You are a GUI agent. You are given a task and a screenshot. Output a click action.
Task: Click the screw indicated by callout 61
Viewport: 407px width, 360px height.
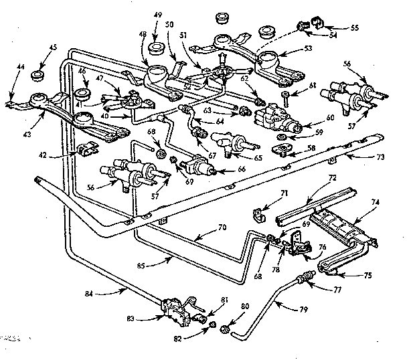(284, 98)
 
